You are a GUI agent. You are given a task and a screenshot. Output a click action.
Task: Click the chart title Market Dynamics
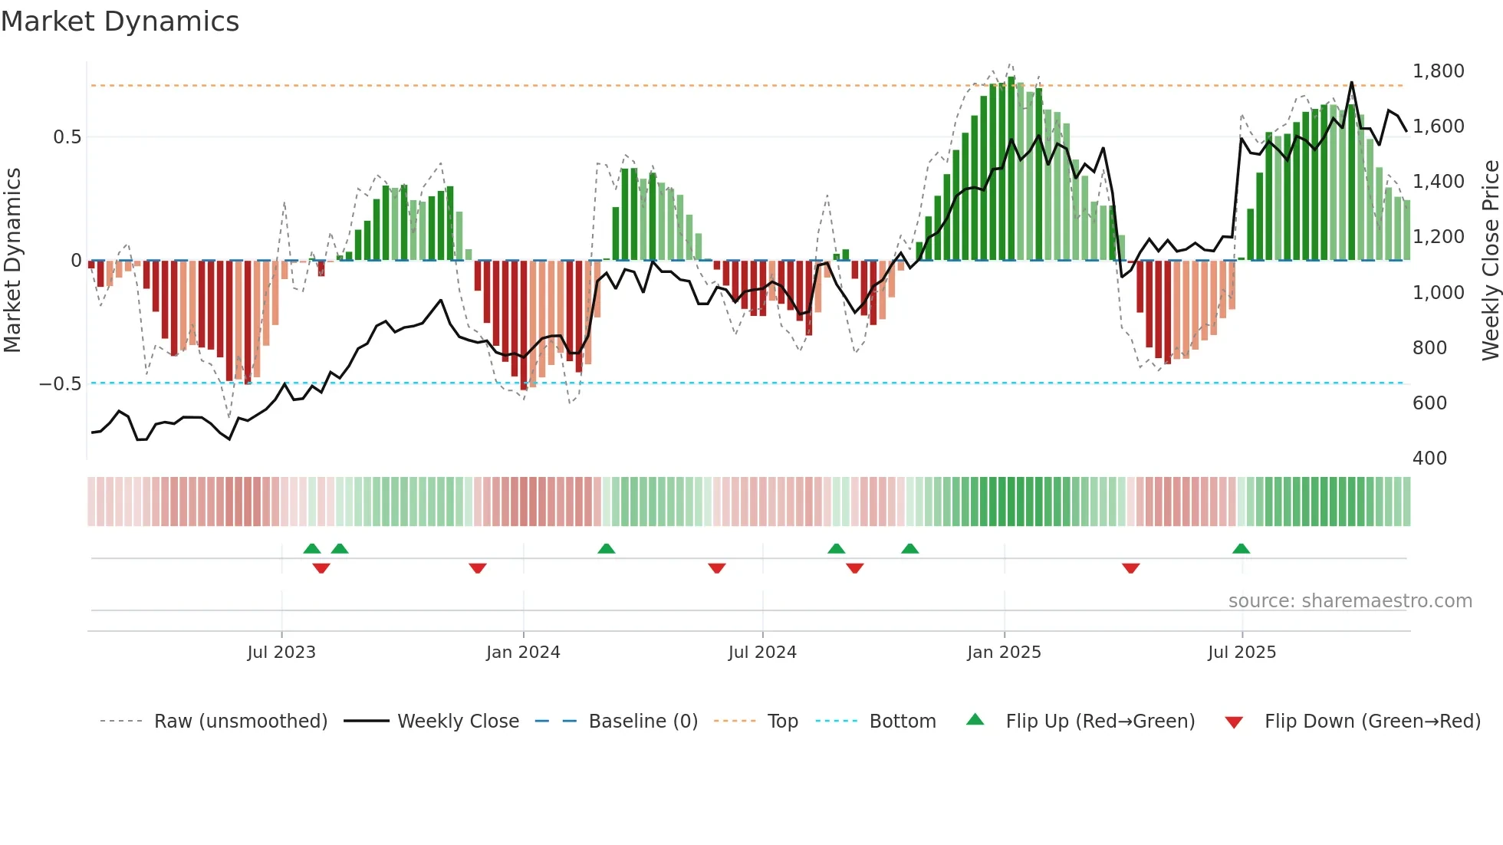[120, 21]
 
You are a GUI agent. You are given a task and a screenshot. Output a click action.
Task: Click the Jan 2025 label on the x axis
[1004, 653]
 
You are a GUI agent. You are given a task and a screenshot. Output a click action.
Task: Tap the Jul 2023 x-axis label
[281, 653]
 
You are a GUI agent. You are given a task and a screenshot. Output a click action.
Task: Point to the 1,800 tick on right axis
[1438, 71]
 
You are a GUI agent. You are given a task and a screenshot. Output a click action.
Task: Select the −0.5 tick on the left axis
[60, 383]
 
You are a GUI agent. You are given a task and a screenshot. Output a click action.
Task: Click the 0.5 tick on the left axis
[67, 137]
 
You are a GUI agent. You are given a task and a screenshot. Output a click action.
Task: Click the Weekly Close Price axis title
[1490, 261]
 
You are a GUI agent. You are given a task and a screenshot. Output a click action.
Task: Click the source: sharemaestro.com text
[1350, 601]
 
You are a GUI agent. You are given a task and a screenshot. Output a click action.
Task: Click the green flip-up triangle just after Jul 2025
[1241, 548]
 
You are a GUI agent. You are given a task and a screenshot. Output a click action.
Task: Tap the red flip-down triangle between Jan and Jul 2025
[1130, 568]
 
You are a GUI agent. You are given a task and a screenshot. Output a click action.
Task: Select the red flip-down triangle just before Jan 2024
[477, 568]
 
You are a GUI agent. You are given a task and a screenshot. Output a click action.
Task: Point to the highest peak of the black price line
[1351, 83]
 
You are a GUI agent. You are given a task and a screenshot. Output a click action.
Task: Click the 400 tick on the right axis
[1429, 459]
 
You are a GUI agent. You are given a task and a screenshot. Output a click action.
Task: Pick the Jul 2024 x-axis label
[762, 653]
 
